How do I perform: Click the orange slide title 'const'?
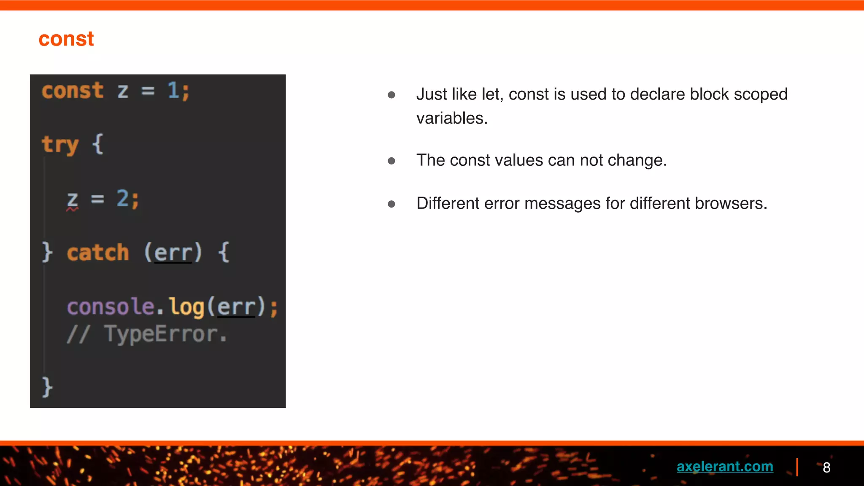pyautogui.click(x=66, y=39)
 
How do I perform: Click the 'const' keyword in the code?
pyautogui.click(x=73, y=91)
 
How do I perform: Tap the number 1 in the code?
pyautogui.click(x=173, y=90)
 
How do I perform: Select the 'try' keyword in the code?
pyautogui.click(x=60, y=145)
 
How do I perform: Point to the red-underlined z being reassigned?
pyautogui.click(x=73, y=200)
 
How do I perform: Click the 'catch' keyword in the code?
pyautogui.click(x=98, y=253)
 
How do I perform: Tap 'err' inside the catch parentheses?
pyautogui.click(x=173, y=253)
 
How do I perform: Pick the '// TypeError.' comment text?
pyautogui.click(x=147, y=334)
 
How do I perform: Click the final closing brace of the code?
pyautogui.click(x=47, y=387)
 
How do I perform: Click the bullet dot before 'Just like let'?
pyautogui.click(x=391, y=95)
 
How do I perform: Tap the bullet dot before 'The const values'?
pyautogui.click(x=391, y=161)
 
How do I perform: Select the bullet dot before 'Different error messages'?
pyautogui.click(x=391, y=204)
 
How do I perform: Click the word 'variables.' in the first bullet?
pyautogui.click(x=452, y=118)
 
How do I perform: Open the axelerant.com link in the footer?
pyautogui.click(x=724, y=467)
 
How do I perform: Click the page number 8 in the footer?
pyautogui.click(x=826, y=467)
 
